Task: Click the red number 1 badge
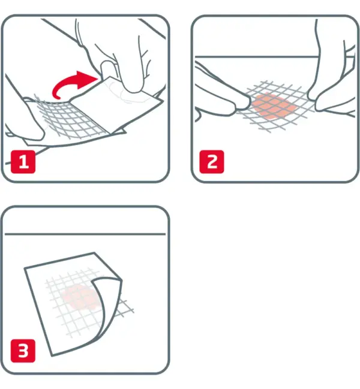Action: coord(23,162)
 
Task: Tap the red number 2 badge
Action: coord(212,162)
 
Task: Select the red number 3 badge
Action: coord(23,351)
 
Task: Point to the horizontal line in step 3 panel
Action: coord(85,234)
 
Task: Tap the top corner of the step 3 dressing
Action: coord(94,253)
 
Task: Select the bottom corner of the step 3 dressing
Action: coord(52,356)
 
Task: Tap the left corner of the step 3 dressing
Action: coord(25,268)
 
